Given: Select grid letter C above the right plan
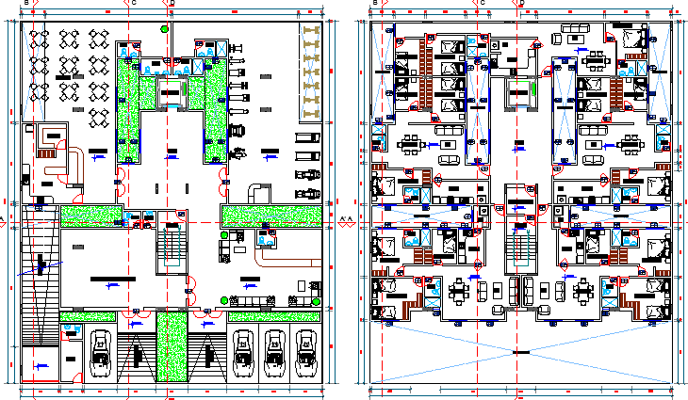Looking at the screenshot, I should [483, 3].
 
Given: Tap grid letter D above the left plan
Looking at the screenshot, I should [172, 3].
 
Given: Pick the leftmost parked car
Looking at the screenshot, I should [100, 353].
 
